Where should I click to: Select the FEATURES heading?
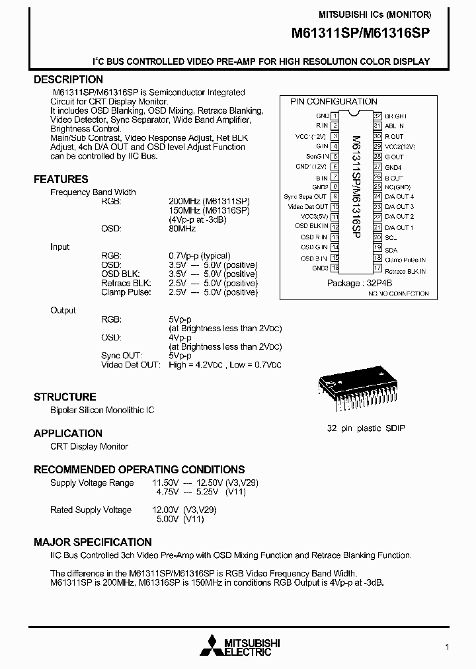pos(61,179)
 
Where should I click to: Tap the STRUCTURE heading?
pos(65,397)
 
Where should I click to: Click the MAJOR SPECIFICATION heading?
pos(93,542)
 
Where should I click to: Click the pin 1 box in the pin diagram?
pos(335,115)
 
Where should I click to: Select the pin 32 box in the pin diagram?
pos(377,115)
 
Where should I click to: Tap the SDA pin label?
pos(391,250)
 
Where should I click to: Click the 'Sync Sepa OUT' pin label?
pos(305,196)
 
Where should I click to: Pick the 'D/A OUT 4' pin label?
pos(399,196)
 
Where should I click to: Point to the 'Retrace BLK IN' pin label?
pos(405,271)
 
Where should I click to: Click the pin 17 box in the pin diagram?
pos(377,268)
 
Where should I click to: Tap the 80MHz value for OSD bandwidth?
pos(182,228)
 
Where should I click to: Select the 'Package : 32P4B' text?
pos(360,283)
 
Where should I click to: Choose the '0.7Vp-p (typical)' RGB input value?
pos(200,256)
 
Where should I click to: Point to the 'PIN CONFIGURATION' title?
pos(334,101)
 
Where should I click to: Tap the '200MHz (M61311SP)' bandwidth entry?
pos(210,201)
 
